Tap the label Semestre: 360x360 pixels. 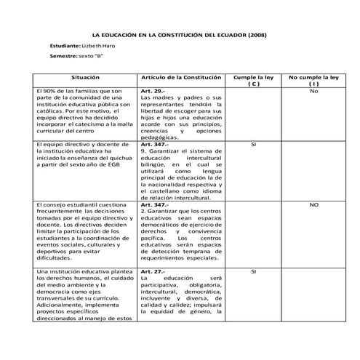(63, 56)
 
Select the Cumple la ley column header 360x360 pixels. (252, 76)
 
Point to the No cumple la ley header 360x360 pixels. (313, 76)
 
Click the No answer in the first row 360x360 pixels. (313, 91)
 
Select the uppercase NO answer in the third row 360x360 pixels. (313, 205)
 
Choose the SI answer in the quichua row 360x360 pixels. (252, 145)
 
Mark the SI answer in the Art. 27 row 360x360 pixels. (252, 271)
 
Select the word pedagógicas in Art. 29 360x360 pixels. (160, 137)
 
